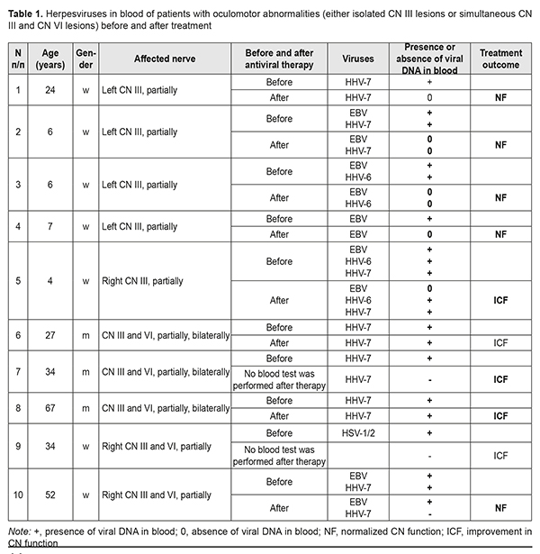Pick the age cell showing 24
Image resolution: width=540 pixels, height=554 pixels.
click(x=51, y=88)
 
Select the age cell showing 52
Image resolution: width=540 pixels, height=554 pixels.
click(x=51, y=494)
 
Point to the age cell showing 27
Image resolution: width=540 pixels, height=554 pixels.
click(x=51, y=334)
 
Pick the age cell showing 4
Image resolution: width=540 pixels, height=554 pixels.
click(x=51, y=281)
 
